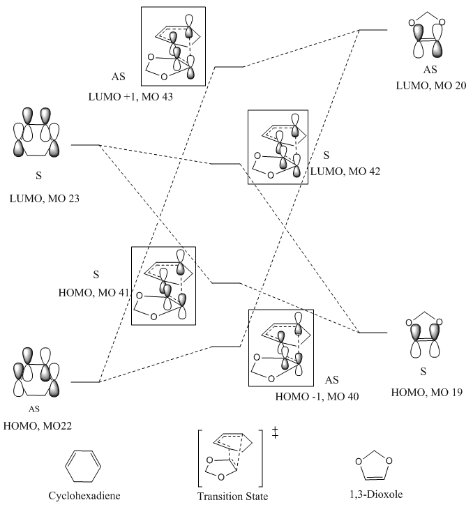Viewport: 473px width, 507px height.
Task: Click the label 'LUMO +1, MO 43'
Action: tap(130, 97)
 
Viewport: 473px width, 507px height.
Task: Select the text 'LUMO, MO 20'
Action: tap(431, 86)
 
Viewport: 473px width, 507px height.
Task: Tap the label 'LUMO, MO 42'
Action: tap(345, 172)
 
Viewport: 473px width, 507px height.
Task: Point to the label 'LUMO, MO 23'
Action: tap(45, 199)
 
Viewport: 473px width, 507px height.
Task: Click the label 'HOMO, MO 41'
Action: tap(93, 293)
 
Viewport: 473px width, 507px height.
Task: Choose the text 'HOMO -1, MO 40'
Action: tap(317, 396)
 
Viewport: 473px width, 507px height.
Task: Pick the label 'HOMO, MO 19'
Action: tap(427, 392)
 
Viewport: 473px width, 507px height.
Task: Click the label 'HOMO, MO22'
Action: tap(38, 426)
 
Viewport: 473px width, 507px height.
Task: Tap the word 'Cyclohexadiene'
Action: tap(84, 496)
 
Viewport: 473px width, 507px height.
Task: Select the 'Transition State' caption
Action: tap(232, 497)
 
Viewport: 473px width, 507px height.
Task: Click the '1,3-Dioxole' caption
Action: tap(376, 494)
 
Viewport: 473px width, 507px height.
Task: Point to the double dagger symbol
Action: tap(275, 432)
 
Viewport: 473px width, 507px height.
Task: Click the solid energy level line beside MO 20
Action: tap(373, 30)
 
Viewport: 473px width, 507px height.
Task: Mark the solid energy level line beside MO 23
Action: tap(85, 145)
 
